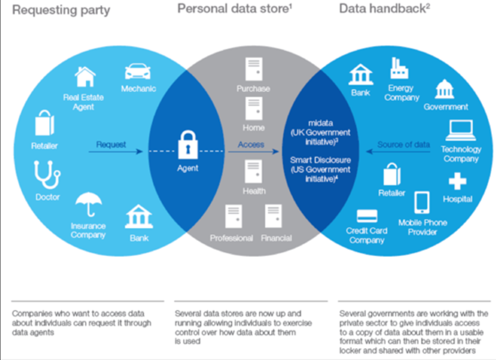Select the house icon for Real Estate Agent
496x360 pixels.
85,77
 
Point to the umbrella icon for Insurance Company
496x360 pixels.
89,205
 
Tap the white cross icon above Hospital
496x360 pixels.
457,181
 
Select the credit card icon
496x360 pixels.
367,216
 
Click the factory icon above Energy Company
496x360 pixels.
399,69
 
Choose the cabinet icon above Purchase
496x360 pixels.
253,69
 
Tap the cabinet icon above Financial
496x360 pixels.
273,216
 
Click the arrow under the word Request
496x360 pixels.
115,152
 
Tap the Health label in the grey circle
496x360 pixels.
254,191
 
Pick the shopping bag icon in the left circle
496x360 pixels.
45,123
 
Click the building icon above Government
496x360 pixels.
444,89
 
